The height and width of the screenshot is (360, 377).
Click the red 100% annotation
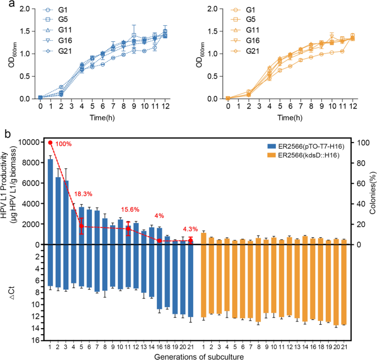pos(64,144)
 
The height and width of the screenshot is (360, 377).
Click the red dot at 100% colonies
pos(50,143)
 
